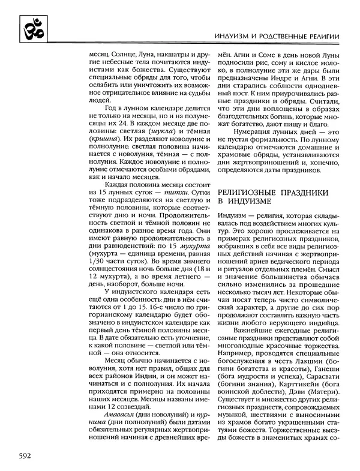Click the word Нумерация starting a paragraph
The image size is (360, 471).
coord(249,130)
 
